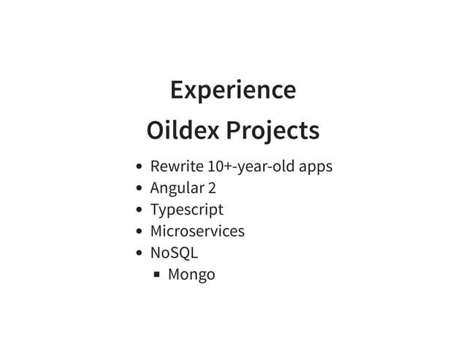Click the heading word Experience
pyautogui.click(x=232, y=91)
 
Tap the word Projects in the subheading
pyautogui.click(x=272, y=132)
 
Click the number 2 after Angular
pyautogui.click(x=212, y=188)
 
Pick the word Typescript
pyautogui.click(x=186, y=210)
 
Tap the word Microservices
pyautogui.click(x=197, y=231)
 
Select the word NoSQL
pyautogui.click(x=174, y=253)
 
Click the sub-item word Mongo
pyautogui.click(x=191, y=275)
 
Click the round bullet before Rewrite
pyautogui.click(x=140, y=167)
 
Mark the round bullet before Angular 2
pyautogui.click(x=140, y=188)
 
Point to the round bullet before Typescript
pyautogui.click(x=140, y=210)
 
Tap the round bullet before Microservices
pyautogui.click(x=140, y=232)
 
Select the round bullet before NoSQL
pyautogui.click(x=140, y=253)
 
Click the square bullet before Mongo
pyautogui.click(x=157, y=275)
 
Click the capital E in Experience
pyautogui.click(x=176, y=91)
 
